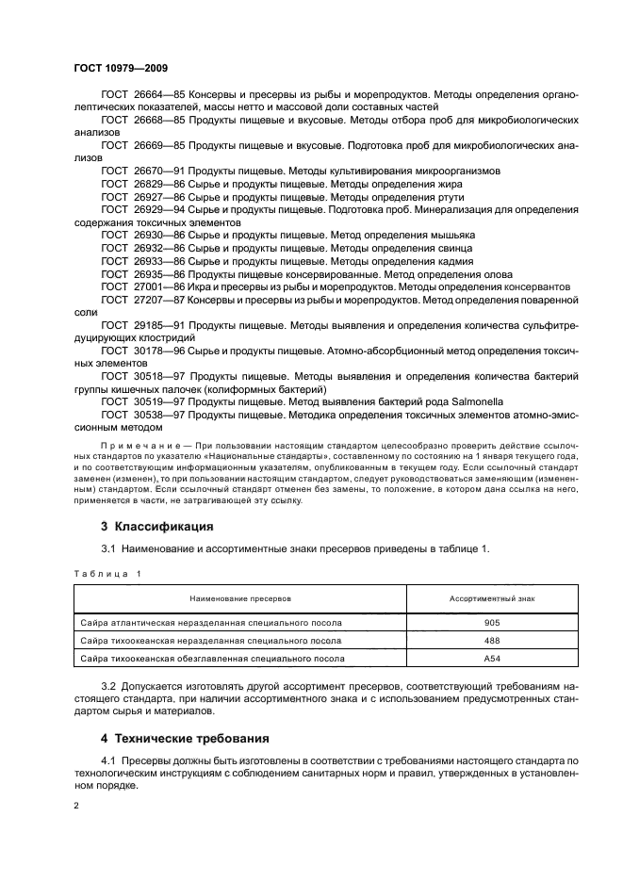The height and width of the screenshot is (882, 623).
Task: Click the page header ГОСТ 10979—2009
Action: [x=120, y=67]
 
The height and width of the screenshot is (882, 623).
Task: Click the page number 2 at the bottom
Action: [x=76, y=806]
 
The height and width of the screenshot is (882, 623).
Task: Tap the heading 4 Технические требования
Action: [x=185, y=738]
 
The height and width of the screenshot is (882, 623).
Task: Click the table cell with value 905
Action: [x=492, y=623]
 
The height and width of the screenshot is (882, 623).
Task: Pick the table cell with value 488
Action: [x=492, y=640]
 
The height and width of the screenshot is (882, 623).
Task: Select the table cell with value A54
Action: [x=492, y=658]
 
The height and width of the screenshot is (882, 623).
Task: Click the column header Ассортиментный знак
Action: [x=492, y=598]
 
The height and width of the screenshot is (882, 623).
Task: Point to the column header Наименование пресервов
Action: [x=240, y=598]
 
